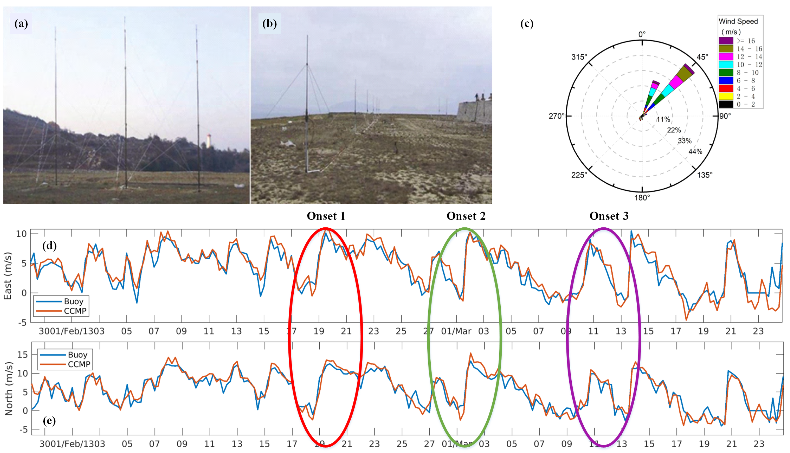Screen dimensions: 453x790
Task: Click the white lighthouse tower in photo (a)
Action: click(209, 141)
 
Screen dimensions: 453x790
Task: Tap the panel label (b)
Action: click(269, 24)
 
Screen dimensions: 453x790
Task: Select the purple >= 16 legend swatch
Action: click(726, 41)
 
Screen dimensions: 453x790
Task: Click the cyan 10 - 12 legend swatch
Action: click(726, 65)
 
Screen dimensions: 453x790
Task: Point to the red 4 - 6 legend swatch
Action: click(726, 88)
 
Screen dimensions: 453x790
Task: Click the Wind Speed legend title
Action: click(738, 21)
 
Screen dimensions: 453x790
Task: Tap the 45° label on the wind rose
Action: click(702, 57)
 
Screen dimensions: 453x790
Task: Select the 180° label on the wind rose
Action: click(642, 198)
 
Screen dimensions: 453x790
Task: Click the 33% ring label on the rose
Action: click(685, 141)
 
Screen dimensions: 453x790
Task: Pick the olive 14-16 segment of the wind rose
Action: click(684, 74)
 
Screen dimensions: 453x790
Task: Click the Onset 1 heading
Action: click(326, 216)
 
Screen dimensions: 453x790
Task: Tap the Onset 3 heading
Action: click(609, 216)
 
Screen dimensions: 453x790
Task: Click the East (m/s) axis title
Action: click(7, 276)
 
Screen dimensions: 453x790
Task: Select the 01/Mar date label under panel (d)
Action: click(456, 331)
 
